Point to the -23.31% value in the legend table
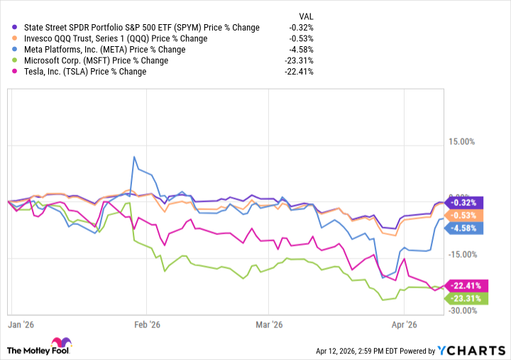tap(298, 60)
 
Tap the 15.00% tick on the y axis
tap(461, 141)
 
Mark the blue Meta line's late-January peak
tap(133, 157)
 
